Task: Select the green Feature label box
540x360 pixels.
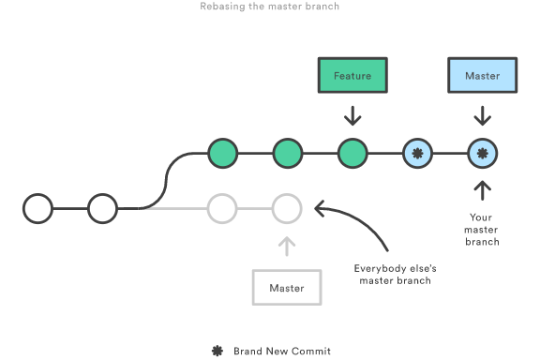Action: click(x=352, y=75)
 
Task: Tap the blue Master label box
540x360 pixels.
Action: click(x=482, y=75)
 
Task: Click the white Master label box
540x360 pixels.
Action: click(x=286, y=288)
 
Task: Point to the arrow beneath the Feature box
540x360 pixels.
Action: click(x=352, y=115)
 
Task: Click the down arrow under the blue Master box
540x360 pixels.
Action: click(x=482, y=115)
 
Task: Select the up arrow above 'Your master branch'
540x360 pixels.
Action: click(x=482, y=190)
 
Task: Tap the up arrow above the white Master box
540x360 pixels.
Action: click(x=286, y=247)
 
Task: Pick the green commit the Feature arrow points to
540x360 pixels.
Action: click(x=352, y=153)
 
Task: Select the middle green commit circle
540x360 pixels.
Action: click(x=287, y=153)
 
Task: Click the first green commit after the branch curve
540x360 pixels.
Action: click(x=222, y=153)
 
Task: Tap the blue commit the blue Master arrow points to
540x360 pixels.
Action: click(x=482, y=153)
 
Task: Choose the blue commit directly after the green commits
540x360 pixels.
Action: click(x=417, y=153)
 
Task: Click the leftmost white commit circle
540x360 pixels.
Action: click(x=37, y=208)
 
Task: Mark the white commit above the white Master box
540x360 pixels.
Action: click(x=286, y=208)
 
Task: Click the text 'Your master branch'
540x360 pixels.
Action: click(x=482, y=230)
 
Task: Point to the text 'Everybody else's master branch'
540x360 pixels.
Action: click(x=395, y=275)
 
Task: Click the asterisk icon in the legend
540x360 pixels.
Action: click(x=217, y=351)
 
